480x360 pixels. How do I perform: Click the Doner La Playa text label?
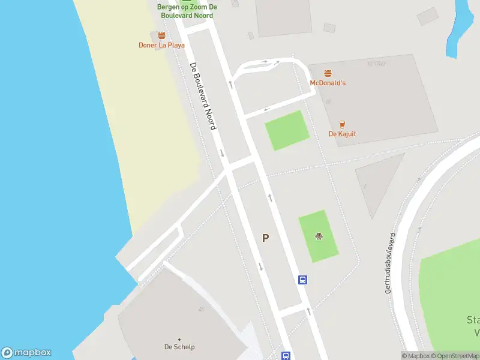162,45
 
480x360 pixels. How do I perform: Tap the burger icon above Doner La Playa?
161,35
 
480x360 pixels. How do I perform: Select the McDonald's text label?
328,83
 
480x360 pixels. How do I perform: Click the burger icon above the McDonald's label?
328,73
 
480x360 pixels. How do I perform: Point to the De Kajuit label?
342,134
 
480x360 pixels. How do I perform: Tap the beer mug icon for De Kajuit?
342,124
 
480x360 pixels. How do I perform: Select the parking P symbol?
265,238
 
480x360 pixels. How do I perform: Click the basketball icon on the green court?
318,236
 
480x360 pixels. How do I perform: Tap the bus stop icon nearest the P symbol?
303,280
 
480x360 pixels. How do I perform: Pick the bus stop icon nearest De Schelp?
286,356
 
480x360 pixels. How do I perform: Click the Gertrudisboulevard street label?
391,263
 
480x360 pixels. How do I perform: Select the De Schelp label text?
179,347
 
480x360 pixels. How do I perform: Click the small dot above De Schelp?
179,339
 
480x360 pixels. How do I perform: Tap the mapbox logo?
26,353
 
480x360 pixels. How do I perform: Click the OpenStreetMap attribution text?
456,356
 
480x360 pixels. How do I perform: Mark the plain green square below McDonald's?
287,130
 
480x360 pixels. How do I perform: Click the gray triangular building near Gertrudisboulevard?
377,183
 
